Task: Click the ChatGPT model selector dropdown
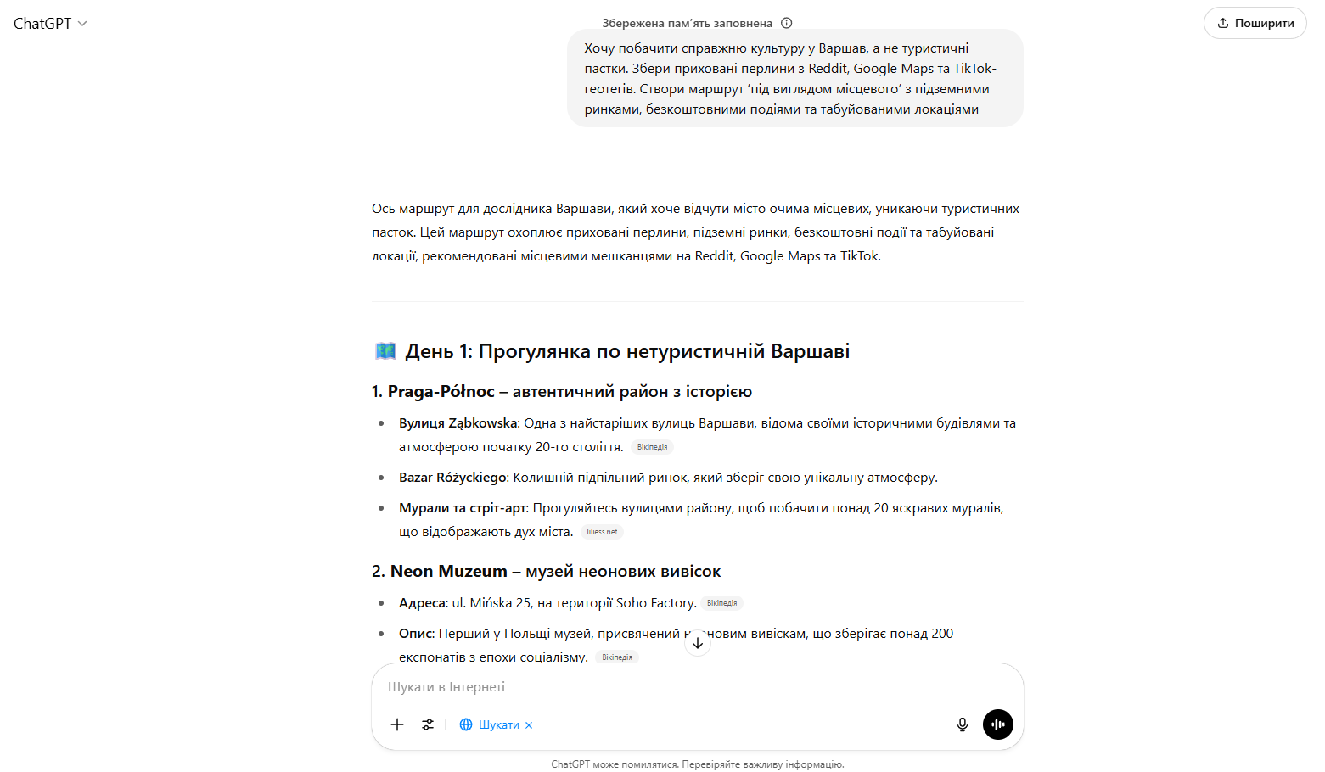coord(50,24)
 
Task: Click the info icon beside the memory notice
coord(786,23)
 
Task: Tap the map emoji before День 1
coord(385,351)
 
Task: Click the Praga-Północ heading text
coord(441,391)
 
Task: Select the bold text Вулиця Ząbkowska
coord(458,423)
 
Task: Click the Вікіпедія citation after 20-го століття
coord(652,447)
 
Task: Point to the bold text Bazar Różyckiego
coord(452,478)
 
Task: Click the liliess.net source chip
coord(602,532)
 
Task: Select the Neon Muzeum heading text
coord(448,572)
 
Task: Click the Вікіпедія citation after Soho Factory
coord(721,603)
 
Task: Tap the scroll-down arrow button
coord(698,643)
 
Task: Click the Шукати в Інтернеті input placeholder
coord(446,687)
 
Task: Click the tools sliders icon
coord(428,724)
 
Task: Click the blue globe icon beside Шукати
coord(466,724)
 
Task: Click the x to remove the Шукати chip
coord(529,725)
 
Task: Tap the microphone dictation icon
coord(963,724)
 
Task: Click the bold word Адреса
coord(422,603)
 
